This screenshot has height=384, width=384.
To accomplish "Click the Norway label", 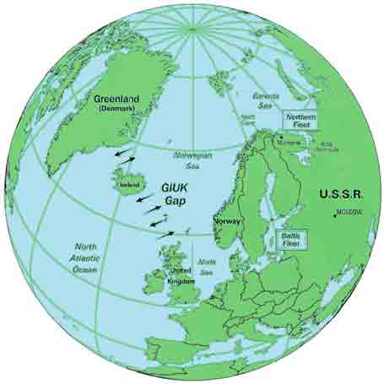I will point(229,220).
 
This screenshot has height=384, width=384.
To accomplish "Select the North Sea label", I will point(206,268).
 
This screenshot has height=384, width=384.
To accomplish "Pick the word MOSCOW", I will point(350,213).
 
